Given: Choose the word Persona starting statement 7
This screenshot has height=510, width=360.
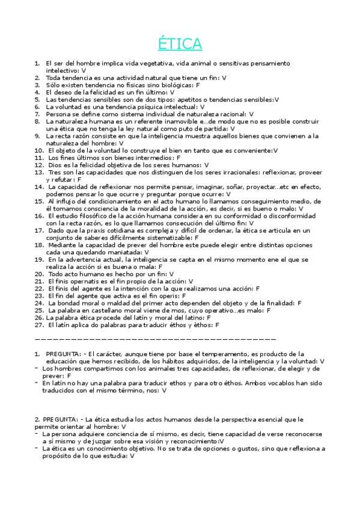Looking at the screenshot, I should point(59,114).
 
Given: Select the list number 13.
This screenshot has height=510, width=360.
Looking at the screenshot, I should point(38,172).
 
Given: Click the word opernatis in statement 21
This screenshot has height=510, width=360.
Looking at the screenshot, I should point(76,281).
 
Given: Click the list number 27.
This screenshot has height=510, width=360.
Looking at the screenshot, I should point(38,325).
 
